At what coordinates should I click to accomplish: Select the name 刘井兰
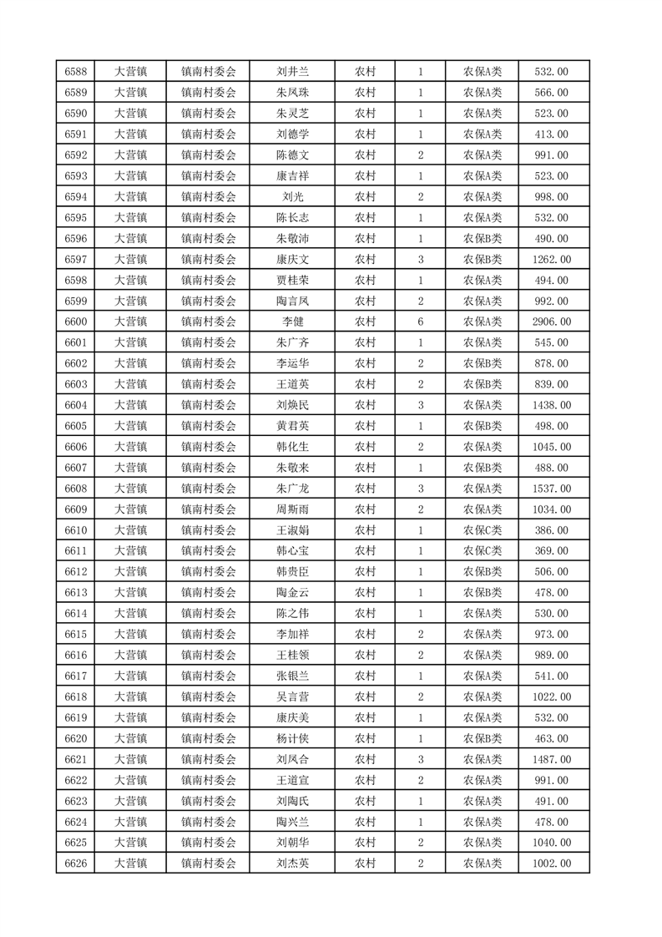pos(293,72)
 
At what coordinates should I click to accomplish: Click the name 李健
pos(293,322)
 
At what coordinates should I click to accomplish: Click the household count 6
pos(420,322)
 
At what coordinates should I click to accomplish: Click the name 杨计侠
pos(293,738)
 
